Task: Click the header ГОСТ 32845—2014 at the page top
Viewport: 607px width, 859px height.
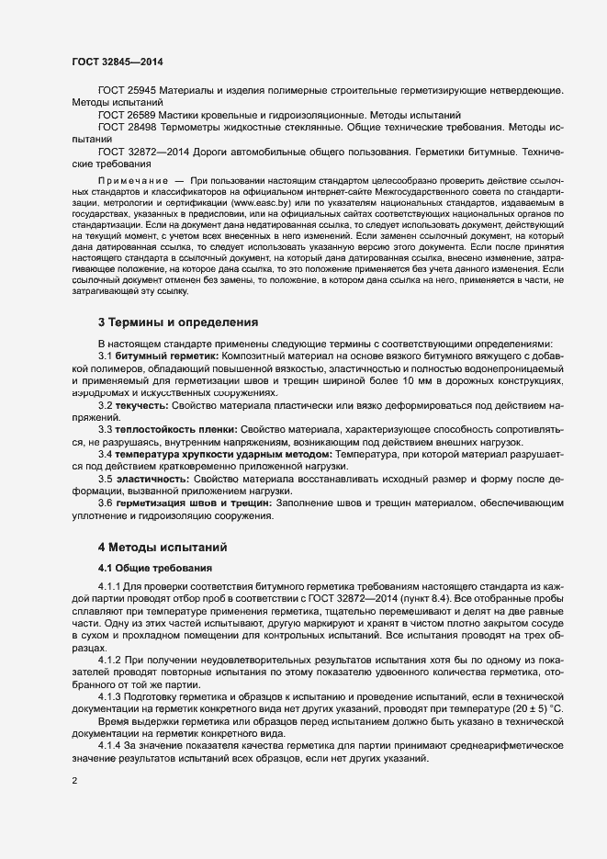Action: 118,61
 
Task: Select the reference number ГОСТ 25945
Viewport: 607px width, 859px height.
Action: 127,91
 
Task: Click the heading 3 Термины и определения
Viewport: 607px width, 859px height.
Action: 178,322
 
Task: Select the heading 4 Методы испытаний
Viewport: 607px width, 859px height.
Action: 163,548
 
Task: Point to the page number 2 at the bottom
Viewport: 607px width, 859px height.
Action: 73,782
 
